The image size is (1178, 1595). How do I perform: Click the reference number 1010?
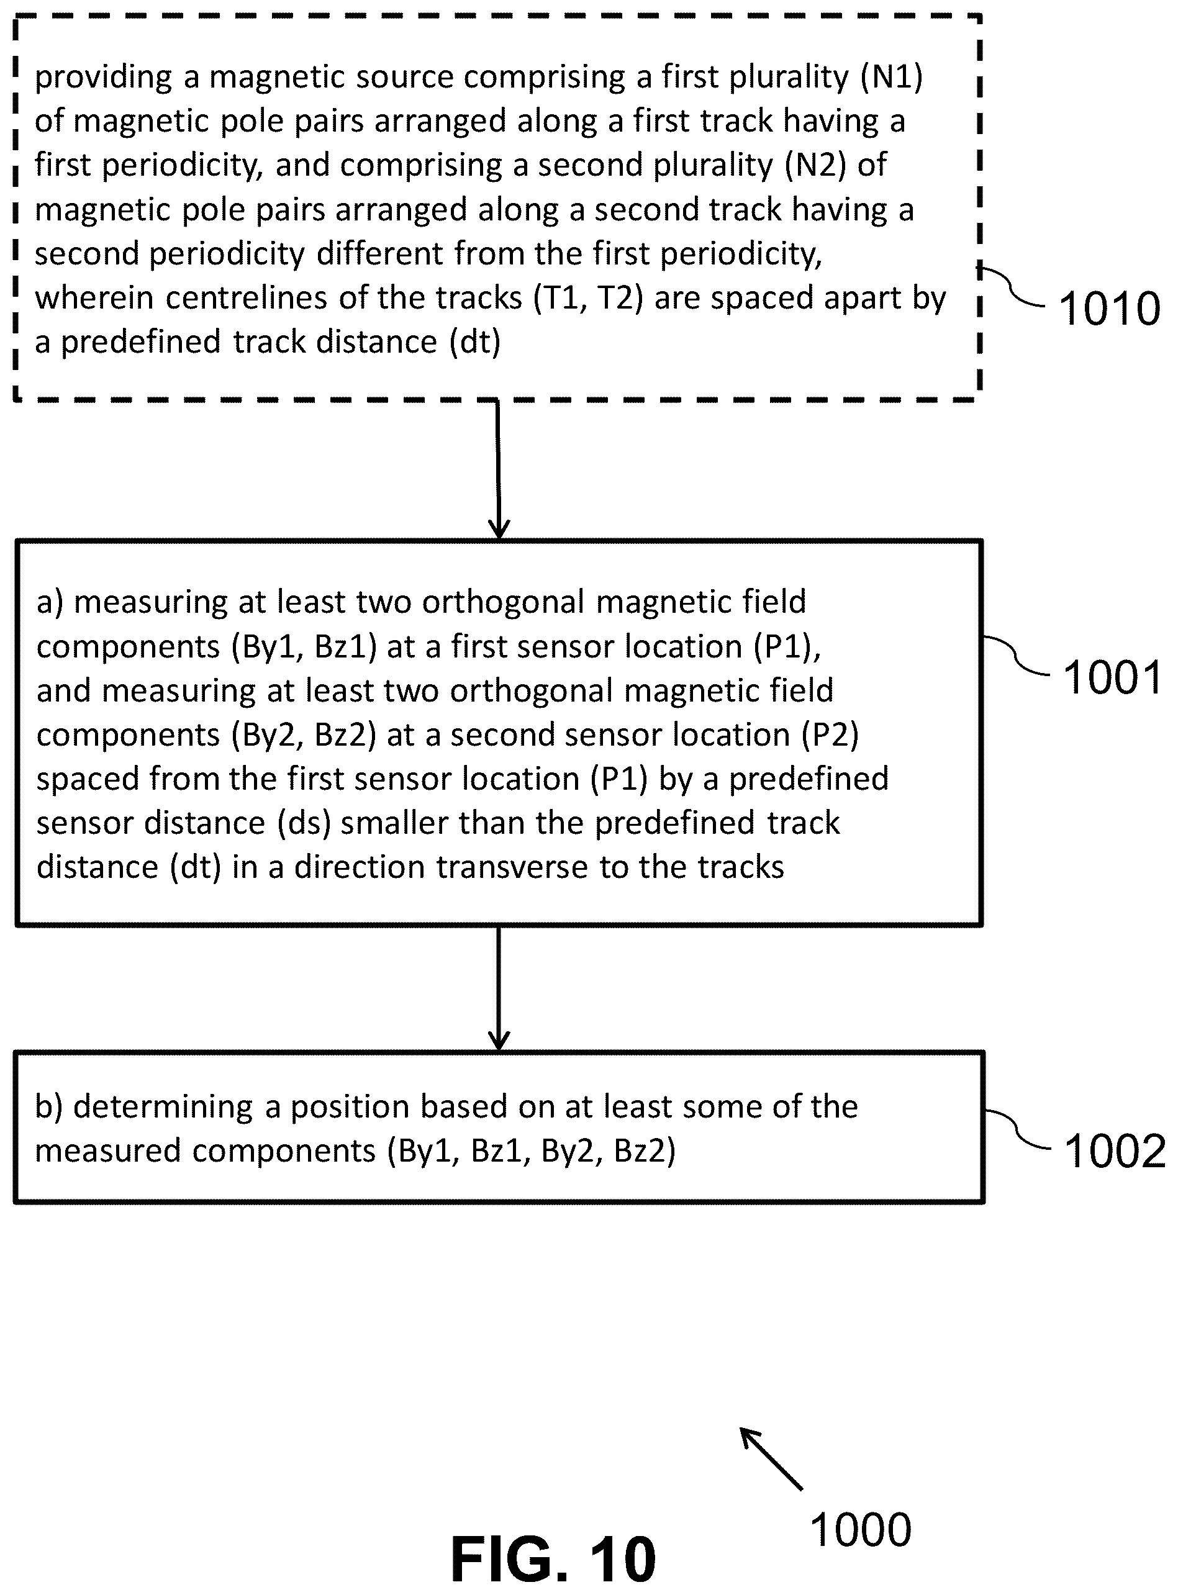click(x=1110, y=309)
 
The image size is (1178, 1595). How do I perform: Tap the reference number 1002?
click(x=1115, y=1151)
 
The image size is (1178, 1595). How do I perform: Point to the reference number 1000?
click(x=861, y=1530)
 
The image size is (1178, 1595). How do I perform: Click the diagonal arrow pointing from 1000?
click(x=771, y=1459)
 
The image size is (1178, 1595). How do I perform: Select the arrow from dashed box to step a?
click(x=499, y=469)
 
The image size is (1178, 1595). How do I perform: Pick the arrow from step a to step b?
click(x=499, y=988)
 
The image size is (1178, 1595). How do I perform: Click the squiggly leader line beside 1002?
click(x=1018, y=1129)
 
